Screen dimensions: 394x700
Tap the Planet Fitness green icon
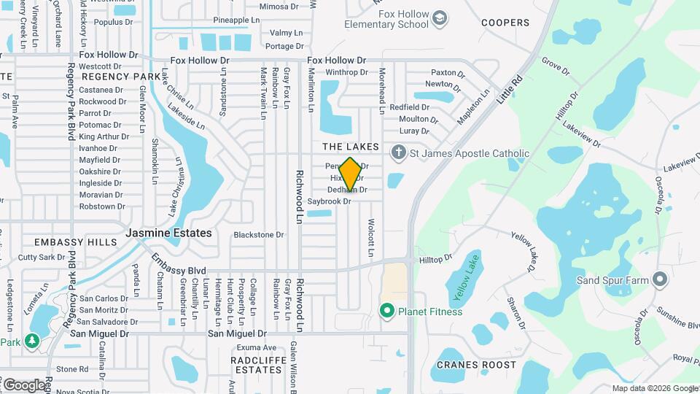tap(388, 312)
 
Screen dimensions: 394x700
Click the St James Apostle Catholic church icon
tap(398, 153)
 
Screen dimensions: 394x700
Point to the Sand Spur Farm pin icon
tap(660, 279)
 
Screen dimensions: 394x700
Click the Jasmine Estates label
tap(168, 233)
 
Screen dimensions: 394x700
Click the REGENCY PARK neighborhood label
tap(121, 77)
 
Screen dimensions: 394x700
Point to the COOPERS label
tap(505, 23)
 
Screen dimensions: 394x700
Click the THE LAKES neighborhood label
tap(351, 147)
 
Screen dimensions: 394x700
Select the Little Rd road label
tap(510, 88)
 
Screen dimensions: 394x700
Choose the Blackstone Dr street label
tap(258, 235)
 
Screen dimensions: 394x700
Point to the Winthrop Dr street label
tap(346, 72)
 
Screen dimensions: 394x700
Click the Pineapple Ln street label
tap(236, 20)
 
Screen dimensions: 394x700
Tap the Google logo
tap(23, 385)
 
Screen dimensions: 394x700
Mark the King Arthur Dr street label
tap(104, 136)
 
